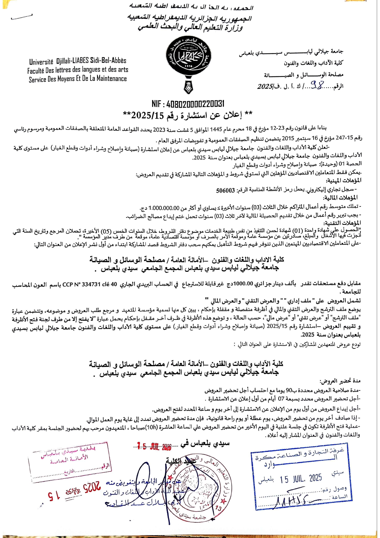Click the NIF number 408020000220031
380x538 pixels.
188,104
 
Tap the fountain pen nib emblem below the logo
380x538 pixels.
188,87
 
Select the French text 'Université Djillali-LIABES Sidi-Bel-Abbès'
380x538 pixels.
78,61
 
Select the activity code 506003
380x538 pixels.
225,190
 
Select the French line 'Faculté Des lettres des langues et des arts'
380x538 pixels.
78,70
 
